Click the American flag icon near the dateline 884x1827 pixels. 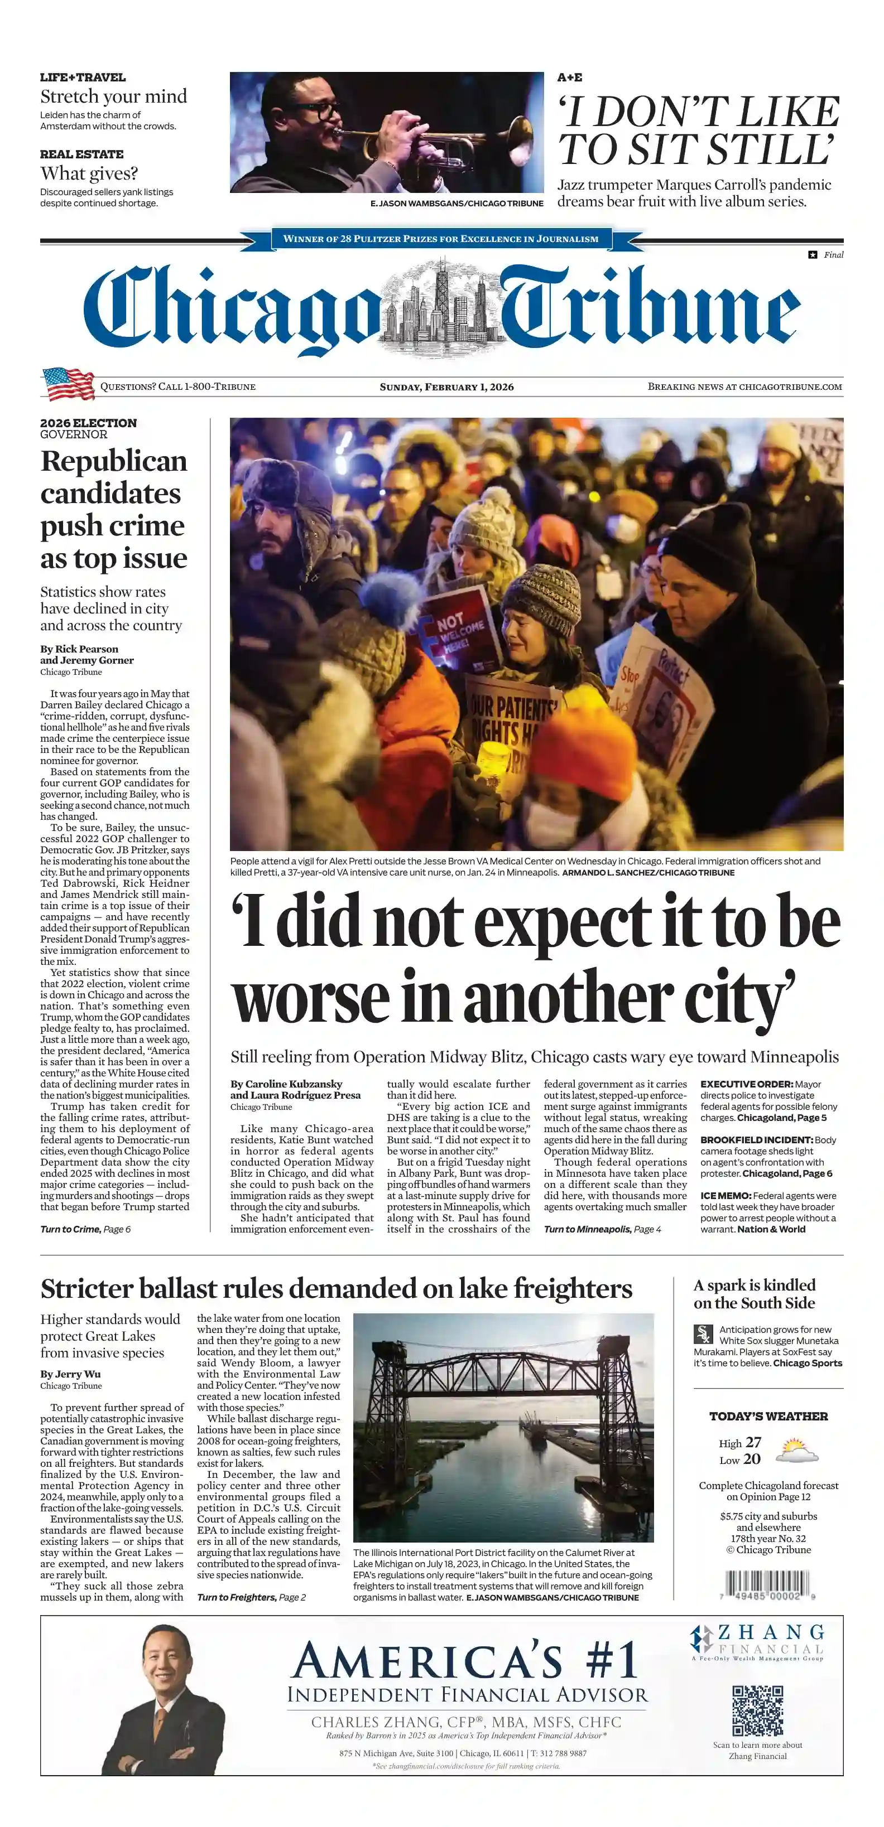[68, 384]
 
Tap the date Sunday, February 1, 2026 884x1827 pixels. [446, 386]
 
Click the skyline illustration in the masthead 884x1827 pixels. [442, 308]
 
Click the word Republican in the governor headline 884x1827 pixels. [113, 461]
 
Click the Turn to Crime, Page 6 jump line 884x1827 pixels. [85, 1229]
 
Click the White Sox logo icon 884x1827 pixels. [703, 1334]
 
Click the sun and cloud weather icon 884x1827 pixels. [797, 1449]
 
